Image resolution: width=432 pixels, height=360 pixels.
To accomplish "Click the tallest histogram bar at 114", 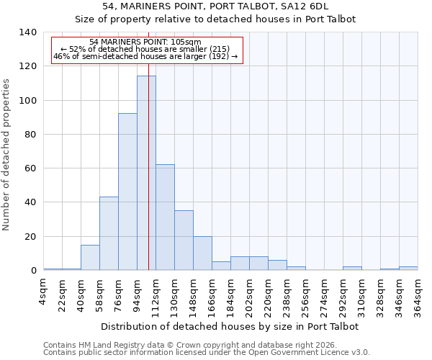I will pyautogui.click(x=146, y=173).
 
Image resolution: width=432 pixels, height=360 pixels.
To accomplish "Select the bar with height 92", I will pyautogui.click(x=127, y=192).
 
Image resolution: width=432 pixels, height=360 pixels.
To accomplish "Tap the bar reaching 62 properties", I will pyautogui.click(x=165, y=217).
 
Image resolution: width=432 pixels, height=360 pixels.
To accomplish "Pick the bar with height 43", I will pyautogui.click(x=109, y=233).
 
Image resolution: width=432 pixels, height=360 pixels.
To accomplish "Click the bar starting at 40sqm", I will pyautogui.click(x=90, y=257).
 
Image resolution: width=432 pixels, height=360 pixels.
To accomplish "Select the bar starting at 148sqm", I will pyautogui.click(x=202, y=253).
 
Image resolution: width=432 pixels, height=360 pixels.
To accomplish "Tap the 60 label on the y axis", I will pyautogui.click(x=30, y=168).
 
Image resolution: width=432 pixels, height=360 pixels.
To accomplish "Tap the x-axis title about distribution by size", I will pyautogui.click(x=230, y=326).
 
